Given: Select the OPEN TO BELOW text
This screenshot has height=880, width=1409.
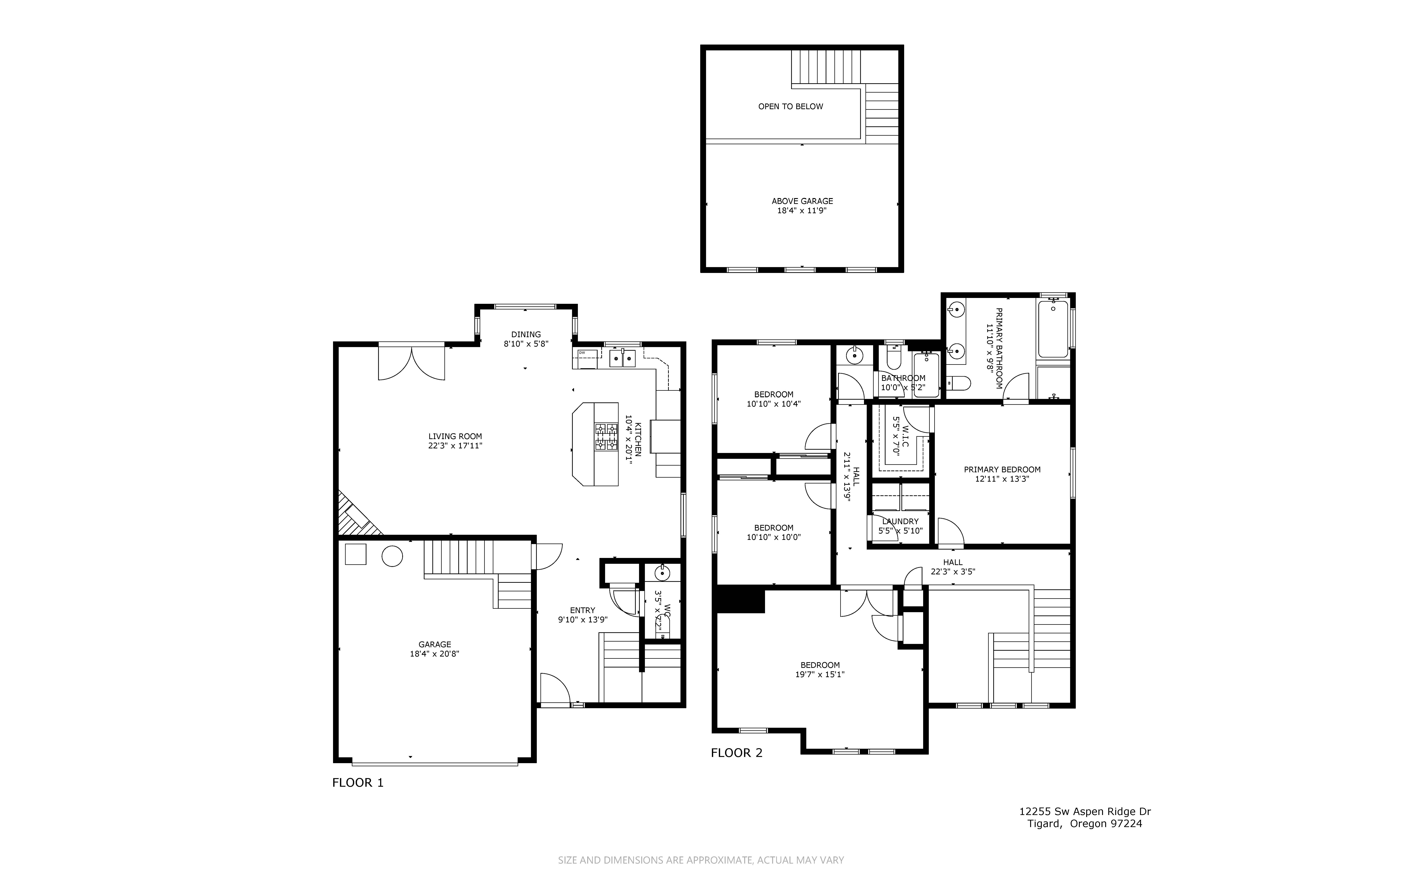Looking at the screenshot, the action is [790, 106].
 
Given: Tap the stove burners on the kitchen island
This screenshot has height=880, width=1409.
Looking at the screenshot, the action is [606, 437].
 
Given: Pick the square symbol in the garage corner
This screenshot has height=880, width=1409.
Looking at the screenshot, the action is [356, 554].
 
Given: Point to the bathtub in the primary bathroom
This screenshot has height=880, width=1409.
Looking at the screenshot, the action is [1053, 329].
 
